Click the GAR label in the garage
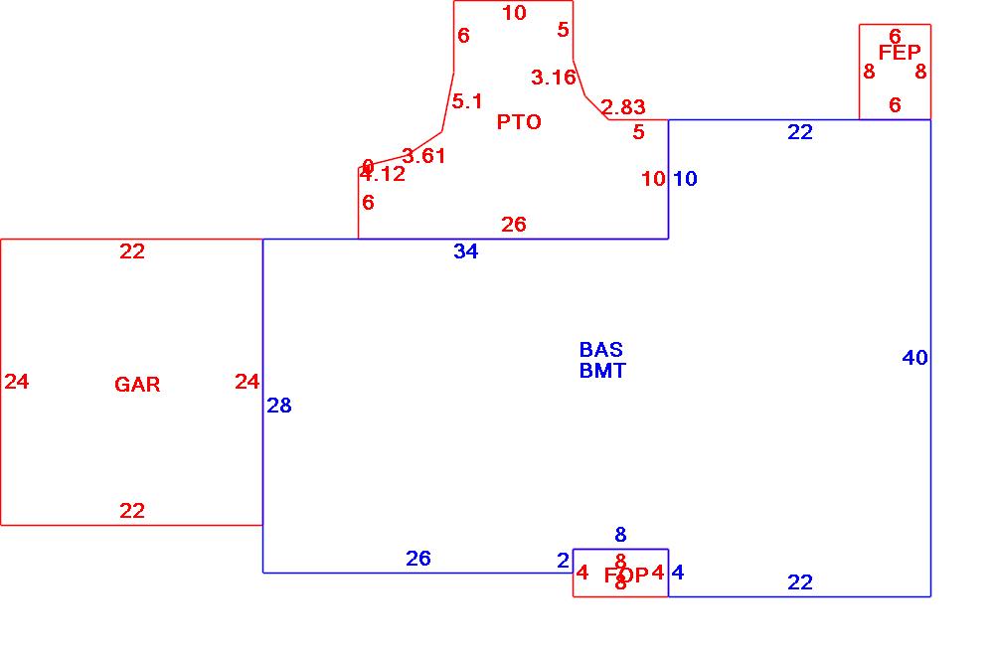coord(137,385)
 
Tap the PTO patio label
coord(519,122)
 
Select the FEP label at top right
coord(900,53)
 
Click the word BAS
coord(601,350)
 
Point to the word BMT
coord(602,371)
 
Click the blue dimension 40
coord(914,358)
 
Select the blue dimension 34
coord(465,251)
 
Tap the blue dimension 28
coord(279,406)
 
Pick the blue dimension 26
coord(418,559)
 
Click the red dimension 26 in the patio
coord(514,225)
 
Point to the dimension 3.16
coord(554,78)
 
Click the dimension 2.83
coord(623,107)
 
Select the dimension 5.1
coord(467,101)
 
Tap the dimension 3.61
coord(423,156)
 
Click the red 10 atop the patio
coord(514,13)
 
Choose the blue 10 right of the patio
coord(686,179)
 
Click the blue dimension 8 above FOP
coord(620,536)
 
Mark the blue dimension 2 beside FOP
coord(563,562)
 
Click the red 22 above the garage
coord(132,251)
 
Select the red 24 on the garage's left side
coord(17,382)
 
